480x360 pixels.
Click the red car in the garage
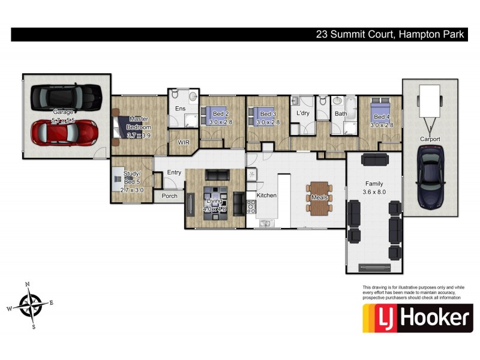point(64,133)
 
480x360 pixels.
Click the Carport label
point(430,139)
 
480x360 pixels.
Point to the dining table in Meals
point(319,197)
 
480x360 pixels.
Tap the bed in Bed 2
point(213,113)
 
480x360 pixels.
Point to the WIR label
point(184,143)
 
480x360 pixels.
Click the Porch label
point(169,196)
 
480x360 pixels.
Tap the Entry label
point(174,173)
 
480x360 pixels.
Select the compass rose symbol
point(29,304)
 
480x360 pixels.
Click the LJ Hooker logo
point(417,318)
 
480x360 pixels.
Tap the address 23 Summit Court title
point(390,35)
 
